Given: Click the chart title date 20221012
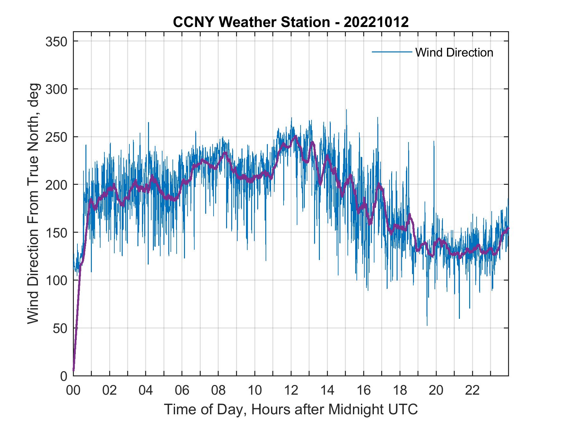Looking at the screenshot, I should point(376,22).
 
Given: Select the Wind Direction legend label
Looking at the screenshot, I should point(454,52).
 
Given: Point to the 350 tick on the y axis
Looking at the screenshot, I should point(56,41).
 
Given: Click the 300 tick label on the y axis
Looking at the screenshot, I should point(56,89).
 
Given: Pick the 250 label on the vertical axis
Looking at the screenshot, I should point(56,137).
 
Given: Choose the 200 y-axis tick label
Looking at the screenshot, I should point(56,185).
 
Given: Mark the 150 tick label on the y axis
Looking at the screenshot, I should point(56,233).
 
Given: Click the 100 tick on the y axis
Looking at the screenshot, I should point(56,280).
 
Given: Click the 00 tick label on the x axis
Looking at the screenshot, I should point(73,391).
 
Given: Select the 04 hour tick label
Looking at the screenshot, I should point(146,391).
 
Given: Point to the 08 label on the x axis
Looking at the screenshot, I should point(218,391).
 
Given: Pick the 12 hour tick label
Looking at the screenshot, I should point(291,391).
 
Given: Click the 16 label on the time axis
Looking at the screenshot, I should point(364,391).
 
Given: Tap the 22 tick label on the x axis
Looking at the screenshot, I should point(472,391).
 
